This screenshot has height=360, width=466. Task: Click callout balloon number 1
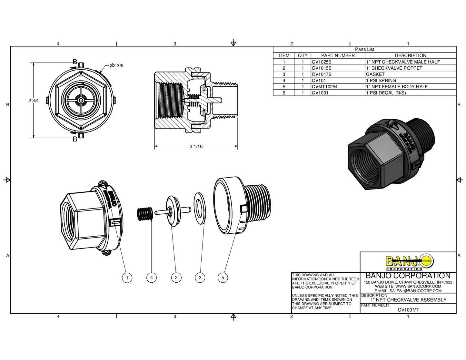pyautogui.click(x=127, y=278)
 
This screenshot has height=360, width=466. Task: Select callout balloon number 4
pyautogui.click(x=152, y=277)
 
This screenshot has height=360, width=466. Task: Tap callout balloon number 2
pyautogui.click(x=176, y=277)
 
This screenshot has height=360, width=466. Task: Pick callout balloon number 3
pyautogui.click(x=200, y=277)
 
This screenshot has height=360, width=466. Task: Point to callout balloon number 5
pyautogui.click(x=223, y=277)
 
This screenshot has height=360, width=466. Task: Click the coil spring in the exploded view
pyautogui.click(x=145, y=214)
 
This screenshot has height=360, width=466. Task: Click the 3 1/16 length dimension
pyautogui.click(x=196, y=146)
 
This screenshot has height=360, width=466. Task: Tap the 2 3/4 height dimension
pyautogui.click(x=34, y=101)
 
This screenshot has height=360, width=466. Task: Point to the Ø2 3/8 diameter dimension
pyautogui.click(x=116, y=66)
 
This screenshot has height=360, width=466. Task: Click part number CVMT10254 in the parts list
pyautogui.click(x=324, y=87)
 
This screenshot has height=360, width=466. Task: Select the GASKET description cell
pyautogui.click(x=375, y=74)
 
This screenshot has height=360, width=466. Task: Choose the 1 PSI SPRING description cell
pyautogui.click(x=381, y=81)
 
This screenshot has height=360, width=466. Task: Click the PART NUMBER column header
pyautogui.click(x=338, y=55)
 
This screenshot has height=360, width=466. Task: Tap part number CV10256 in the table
pyautogui.click(x=322, y=62)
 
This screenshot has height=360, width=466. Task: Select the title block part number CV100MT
pyautogui.click(x=408, y=310)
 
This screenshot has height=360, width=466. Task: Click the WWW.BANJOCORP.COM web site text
pyautogui.click(x=418, y=286)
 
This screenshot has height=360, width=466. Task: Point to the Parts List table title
pyautogui.click(x=365, y=49)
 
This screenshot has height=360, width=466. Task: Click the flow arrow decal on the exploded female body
pyautogui.click(x=115, y=222)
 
